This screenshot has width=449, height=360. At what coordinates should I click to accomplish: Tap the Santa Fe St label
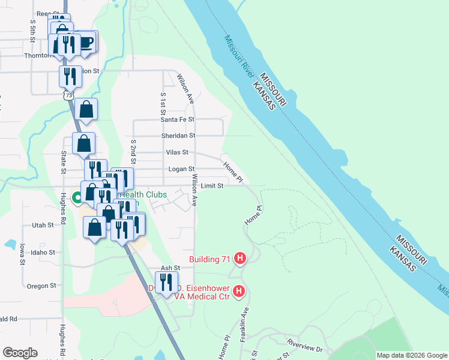click(177, 119)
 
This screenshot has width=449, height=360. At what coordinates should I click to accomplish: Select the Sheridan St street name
click(178, 136)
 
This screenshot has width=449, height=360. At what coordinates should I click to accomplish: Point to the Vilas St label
click(177, 152)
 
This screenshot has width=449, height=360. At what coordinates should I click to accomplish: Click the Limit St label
click(212, 186)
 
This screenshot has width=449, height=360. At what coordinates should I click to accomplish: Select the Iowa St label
click(22, 254)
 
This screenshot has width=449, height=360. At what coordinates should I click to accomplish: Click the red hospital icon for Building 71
click(240, 259)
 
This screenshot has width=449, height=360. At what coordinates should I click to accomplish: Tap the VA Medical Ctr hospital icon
click(239, 292)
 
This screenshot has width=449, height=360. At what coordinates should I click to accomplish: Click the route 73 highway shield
click(69, 95)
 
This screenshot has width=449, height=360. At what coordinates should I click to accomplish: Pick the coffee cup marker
click(86, 42)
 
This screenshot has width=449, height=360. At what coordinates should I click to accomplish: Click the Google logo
click(20, 353)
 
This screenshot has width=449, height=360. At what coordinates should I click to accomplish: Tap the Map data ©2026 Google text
click(411, 355)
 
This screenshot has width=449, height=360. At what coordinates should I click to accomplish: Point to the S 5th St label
click(33, 31)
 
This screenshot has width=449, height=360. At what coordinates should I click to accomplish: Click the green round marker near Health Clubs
click(77, 197)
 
